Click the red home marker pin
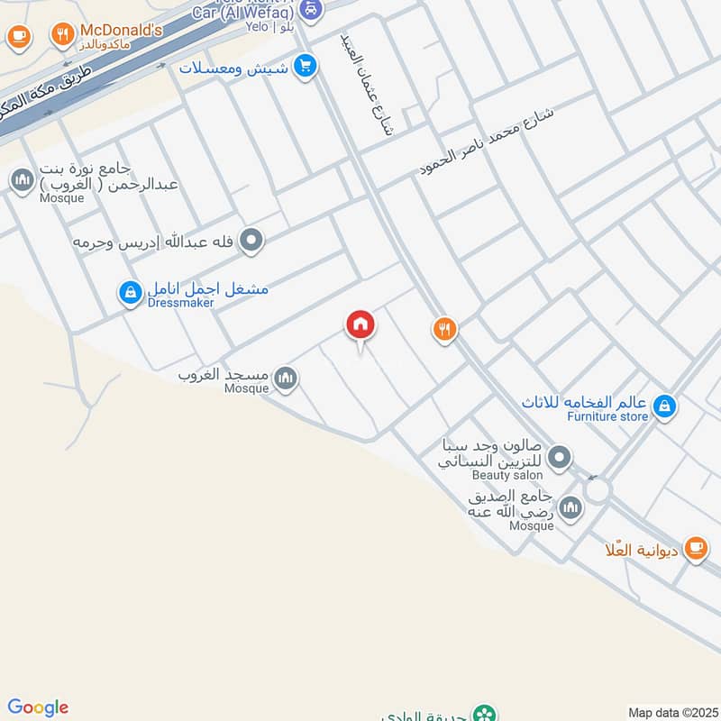360,325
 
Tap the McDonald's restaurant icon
62,35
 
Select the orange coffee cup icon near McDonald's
18,36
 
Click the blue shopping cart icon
306,66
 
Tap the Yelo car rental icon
310,10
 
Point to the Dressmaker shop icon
131,291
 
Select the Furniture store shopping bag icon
664,406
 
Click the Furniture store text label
607,416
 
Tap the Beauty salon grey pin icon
560,459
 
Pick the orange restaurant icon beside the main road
443,329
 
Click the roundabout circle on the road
597,492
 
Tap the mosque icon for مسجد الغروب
286,379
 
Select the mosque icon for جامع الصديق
570,510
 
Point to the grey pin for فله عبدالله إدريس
252,241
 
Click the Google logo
38,707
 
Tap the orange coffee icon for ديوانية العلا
695,547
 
